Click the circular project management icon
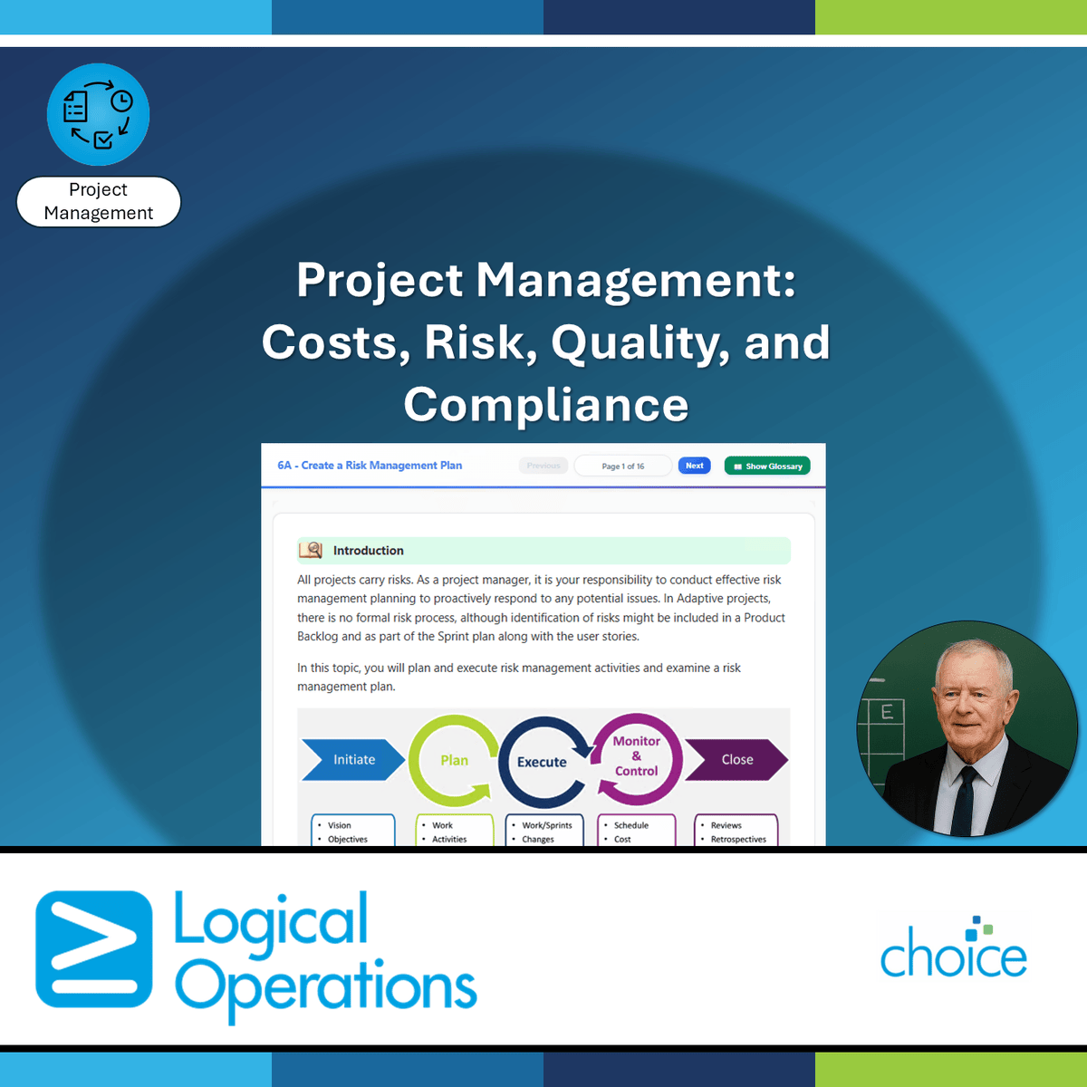(x=98, y=114)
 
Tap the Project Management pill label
(x=99, y=201)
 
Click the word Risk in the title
(x=475, y=342)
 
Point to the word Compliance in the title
(x=545, y=404)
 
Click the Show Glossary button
(x=767, y=466)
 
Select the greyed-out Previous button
(x=543, y=466)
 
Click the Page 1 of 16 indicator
(x=623, y=466)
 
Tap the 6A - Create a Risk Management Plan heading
(x=370, y=466)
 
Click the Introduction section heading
(x=368, y=551)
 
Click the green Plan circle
(x=453, y=760)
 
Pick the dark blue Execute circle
(x=542, y=762)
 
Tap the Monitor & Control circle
(x=637, y=756)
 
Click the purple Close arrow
(x=736, y=760)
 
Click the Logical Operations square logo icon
(x=94, y=948)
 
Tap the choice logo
(x=954, y=951)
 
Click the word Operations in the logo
(x=326, y=987)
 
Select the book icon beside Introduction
(x=311, y=550)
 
